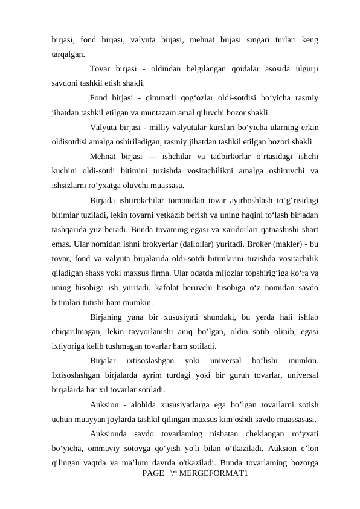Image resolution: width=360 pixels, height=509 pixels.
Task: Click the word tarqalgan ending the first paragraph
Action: (68, 54)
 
